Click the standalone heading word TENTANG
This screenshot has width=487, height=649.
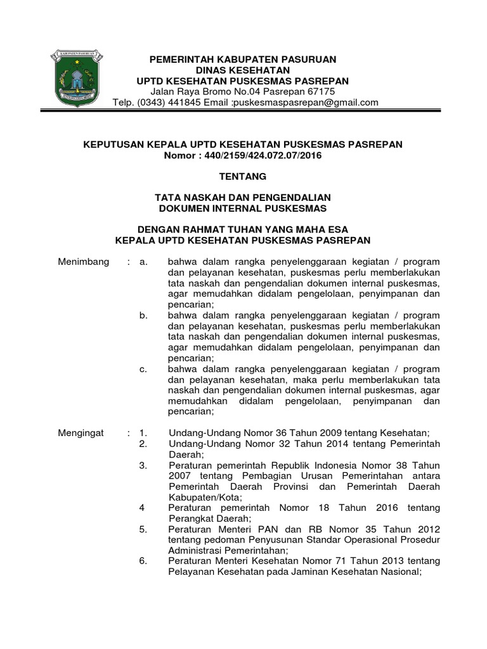(243, 176)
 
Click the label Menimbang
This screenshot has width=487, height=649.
(84, 262)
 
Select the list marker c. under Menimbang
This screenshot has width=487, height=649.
(143, 369)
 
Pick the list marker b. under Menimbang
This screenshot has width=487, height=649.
(143, 315)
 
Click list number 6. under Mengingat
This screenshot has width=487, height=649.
(143, 561)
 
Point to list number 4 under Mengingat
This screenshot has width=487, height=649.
(142, 508)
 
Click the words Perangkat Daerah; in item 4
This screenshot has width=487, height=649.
(204, 518)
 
